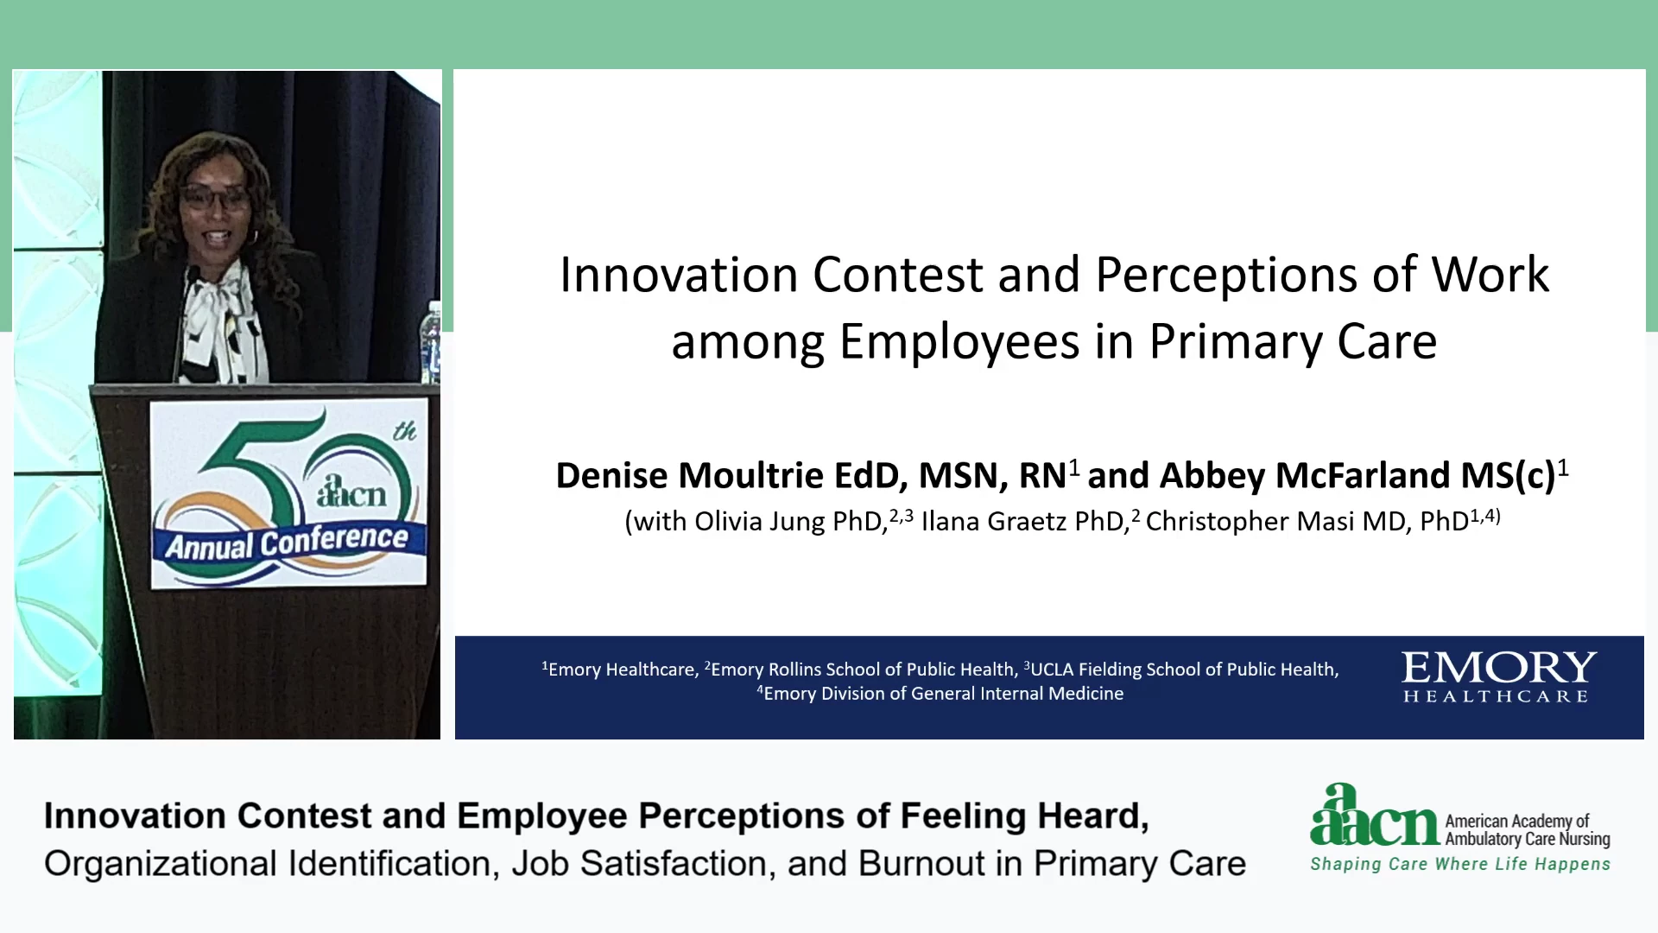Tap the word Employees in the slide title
[x=959, y=341]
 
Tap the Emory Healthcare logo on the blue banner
[x=1498, y=677]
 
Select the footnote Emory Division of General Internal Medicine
[x=944, y=694]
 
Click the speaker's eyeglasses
[x=213, y=197]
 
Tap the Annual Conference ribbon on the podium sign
[x=288, y=541]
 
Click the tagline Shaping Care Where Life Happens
[x=1460, y=864]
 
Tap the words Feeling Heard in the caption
[x=1024, y=816]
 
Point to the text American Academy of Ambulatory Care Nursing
[x=1528, y=829]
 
